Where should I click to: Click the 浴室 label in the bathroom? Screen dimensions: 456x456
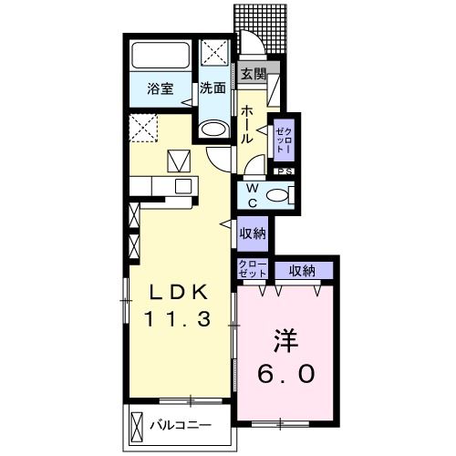[161, 89]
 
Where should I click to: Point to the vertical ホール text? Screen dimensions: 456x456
[247, 124]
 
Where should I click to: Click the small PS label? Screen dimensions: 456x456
[284, 171]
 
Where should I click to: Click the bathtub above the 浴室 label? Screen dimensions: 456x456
[161, 54]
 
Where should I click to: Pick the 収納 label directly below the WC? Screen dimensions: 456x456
[254, 233]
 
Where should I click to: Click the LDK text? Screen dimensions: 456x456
[181, 292]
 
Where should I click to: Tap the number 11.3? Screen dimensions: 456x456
[179, 319]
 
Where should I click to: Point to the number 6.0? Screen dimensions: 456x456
[284, 374]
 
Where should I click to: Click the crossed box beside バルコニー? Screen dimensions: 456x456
[138, 425]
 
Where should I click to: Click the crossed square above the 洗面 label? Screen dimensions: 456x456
[215, 50]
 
